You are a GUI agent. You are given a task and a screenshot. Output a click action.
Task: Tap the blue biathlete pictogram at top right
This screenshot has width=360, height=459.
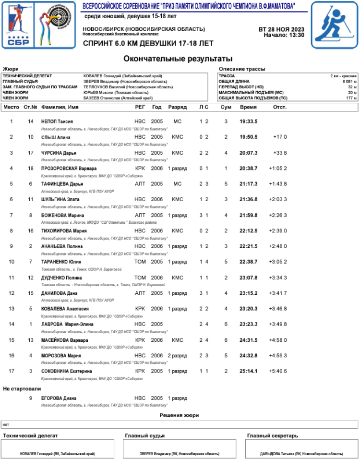point(335,25)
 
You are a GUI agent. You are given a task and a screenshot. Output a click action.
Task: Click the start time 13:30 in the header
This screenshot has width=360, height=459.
point(296,35)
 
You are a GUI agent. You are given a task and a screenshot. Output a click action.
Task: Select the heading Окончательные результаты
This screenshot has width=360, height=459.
point(178,59)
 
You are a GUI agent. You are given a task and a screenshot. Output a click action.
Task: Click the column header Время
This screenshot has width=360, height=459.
point(248,107)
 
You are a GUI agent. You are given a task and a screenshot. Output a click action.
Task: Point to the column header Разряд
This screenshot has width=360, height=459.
point(177,107)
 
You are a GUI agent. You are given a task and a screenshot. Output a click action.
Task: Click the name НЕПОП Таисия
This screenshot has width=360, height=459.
point(57,121)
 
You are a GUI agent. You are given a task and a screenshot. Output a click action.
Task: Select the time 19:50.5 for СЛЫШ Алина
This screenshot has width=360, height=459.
point(248,137)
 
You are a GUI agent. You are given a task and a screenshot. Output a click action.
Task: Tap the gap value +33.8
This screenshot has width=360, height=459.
point(280,153)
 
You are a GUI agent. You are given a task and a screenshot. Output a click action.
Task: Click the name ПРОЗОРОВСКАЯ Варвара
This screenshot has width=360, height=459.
point(69,169)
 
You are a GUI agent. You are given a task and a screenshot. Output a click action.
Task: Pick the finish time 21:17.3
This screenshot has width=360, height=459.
point(248,184)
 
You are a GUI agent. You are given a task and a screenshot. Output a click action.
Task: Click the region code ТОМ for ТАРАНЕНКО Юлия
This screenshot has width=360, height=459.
point(140,262)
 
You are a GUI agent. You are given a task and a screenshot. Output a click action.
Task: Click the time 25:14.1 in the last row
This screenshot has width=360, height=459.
point(248,371)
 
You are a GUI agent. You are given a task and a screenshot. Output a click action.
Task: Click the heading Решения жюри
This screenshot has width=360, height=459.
point(179,415)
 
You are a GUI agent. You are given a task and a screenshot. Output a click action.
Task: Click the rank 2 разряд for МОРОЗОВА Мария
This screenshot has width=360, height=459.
point(177,356)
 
